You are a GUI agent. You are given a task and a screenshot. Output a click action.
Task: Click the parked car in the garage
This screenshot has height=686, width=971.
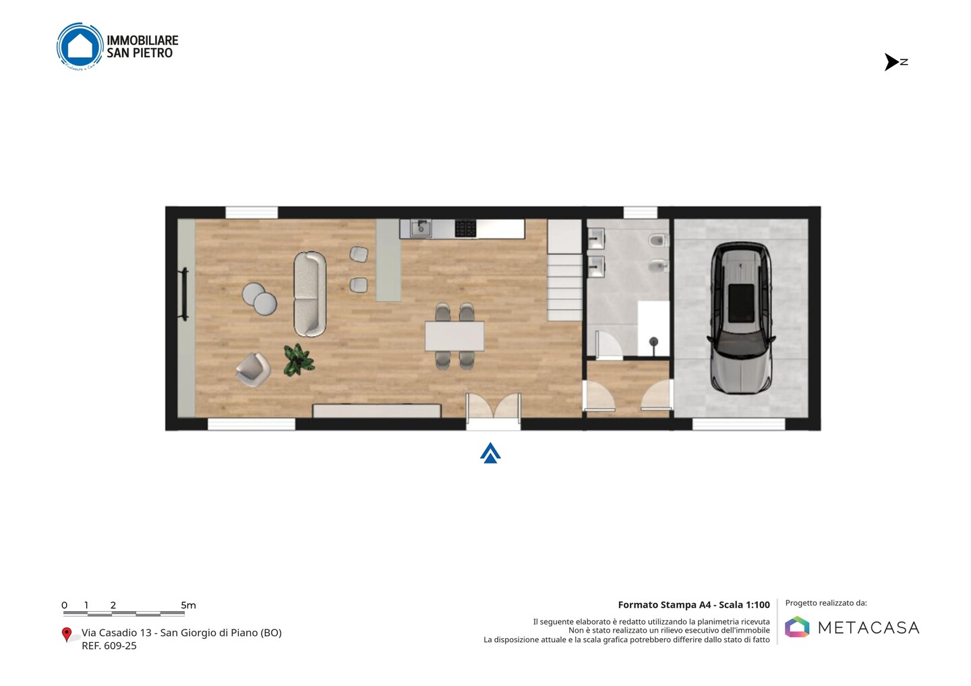(741, 318)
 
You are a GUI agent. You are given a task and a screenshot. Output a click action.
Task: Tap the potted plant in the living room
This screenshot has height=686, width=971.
(299, 359)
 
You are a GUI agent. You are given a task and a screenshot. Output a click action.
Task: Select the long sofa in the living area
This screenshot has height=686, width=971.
(310, 294)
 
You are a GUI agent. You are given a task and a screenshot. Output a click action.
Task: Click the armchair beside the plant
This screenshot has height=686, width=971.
(254, 369)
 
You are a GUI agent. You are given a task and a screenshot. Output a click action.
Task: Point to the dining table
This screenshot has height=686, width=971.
(454, 336)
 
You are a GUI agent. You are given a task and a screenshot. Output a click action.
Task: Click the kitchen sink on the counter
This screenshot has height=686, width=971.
(421, 228)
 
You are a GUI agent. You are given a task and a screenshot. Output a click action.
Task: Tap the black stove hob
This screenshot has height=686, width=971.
(465, 228)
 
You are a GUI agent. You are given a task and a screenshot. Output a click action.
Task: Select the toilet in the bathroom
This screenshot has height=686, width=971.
(658, 240)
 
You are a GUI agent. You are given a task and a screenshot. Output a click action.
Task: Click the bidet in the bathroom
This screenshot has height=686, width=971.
(658, 266)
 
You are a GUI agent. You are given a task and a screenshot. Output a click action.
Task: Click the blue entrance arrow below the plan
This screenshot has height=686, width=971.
(490, 454)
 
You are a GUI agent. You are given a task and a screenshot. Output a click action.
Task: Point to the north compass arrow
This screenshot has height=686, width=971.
(891, 62)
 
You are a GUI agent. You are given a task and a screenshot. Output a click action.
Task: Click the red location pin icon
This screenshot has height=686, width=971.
(66, 635)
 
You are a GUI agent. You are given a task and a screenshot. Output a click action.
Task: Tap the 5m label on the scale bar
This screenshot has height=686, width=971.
(189, 605)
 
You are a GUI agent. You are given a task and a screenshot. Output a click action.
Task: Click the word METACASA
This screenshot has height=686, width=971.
(869, 627)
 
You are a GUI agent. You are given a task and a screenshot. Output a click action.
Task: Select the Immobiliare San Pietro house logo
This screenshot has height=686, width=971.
(80, 46)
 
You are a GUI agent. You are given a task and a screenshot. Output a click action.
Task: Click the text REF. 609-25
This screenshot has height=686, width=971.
(109, 646)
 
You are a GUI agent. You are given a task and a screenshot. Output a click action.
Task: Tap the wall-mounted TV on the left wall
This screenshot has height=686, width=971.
(184, 294)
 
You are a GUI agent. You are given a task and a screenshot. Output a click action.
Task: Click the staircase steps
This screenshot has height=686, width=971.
(564, 270)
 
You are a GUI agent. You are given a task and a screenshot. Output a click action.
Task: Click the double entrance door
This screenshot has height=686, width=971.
(494, 406)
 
